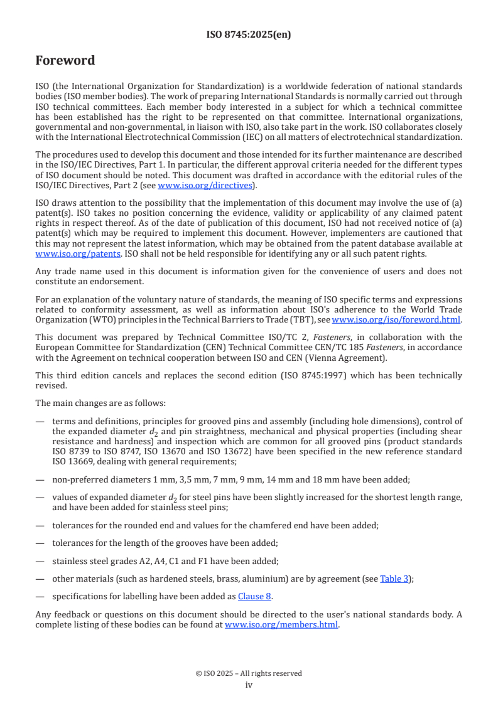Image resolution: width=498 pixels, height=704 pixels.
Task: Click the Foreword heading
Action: (65, 61)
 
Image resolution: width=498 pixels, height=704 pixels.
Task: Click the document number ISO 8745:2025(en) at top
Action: (249, 35)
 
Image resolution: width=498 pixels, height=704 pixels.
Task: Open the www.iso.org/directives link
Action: (205, 186)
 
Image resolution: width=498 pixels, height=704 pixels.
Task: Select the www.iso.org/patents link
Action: (61, 254)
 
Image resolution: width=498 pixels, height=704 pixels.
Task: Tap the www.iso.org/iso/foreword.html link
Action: (396, 319)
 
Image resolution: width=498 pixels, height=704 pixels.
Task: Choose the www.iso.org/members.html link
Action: (281, 625)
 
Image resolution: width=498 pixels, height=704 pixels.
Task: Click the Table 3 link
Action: (394, 579)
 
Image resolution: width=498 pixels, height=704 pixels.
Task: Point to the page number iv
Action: (249, 685)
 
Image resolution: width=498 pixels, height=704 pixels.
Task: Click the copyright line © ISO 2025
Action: (249, 673)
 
